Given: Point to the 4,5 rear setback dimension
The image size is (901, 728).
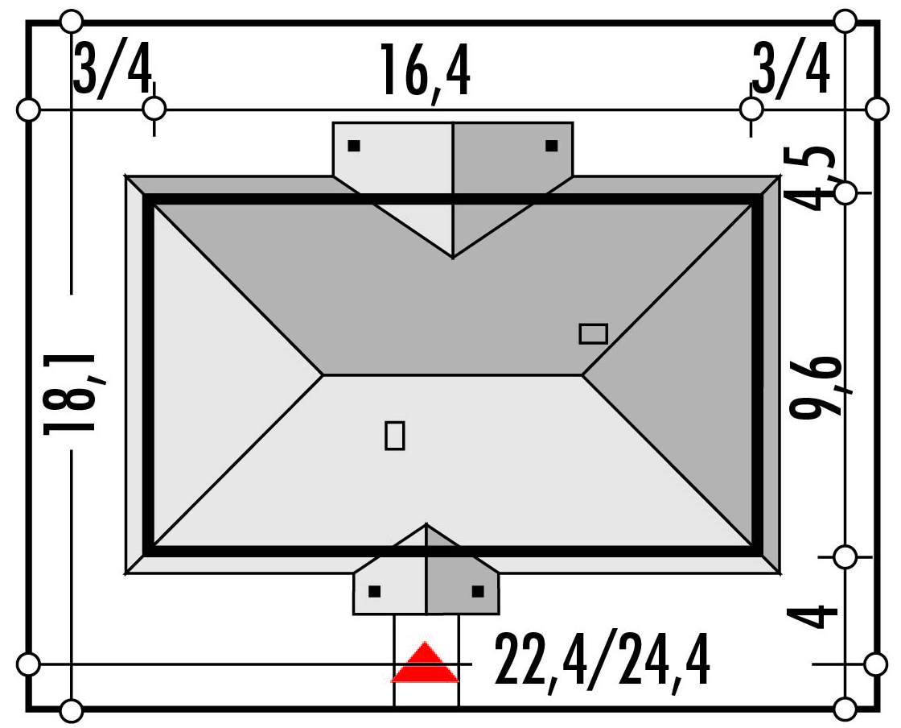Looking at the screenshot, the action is click(811, 178).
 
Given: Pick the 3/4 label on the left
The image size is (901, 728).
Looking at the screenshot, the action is click(113, 69).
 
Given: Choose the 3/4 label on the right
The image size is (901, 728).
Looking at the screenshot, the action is click(791, 69).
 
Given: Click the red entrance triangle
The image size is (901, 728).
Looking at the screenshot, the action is click(425, 663).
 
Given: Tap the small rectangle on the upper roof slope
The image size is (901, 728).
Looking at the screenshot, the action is click(594, 334).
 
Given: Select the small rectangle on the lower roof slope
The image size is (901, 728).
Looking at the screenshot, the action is click(395, 436).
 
